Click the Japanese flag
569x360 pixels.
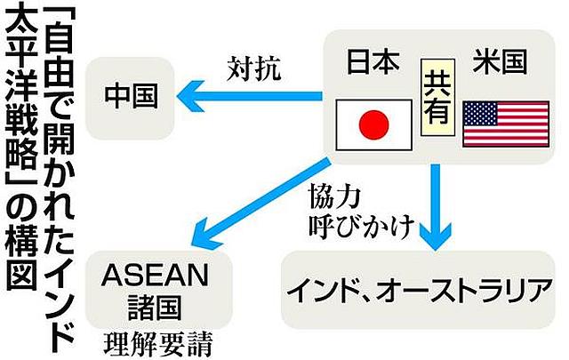click(x=373, y=123)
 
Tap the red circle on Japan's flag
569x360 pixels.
click(x=373, y=123)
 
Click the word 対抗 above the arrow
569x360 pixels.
click(x=254, y=66)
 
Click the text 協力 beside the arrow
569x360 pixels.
click(x=333, y=194)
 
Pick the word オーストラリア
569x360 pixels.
click(x=459, y=289)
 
